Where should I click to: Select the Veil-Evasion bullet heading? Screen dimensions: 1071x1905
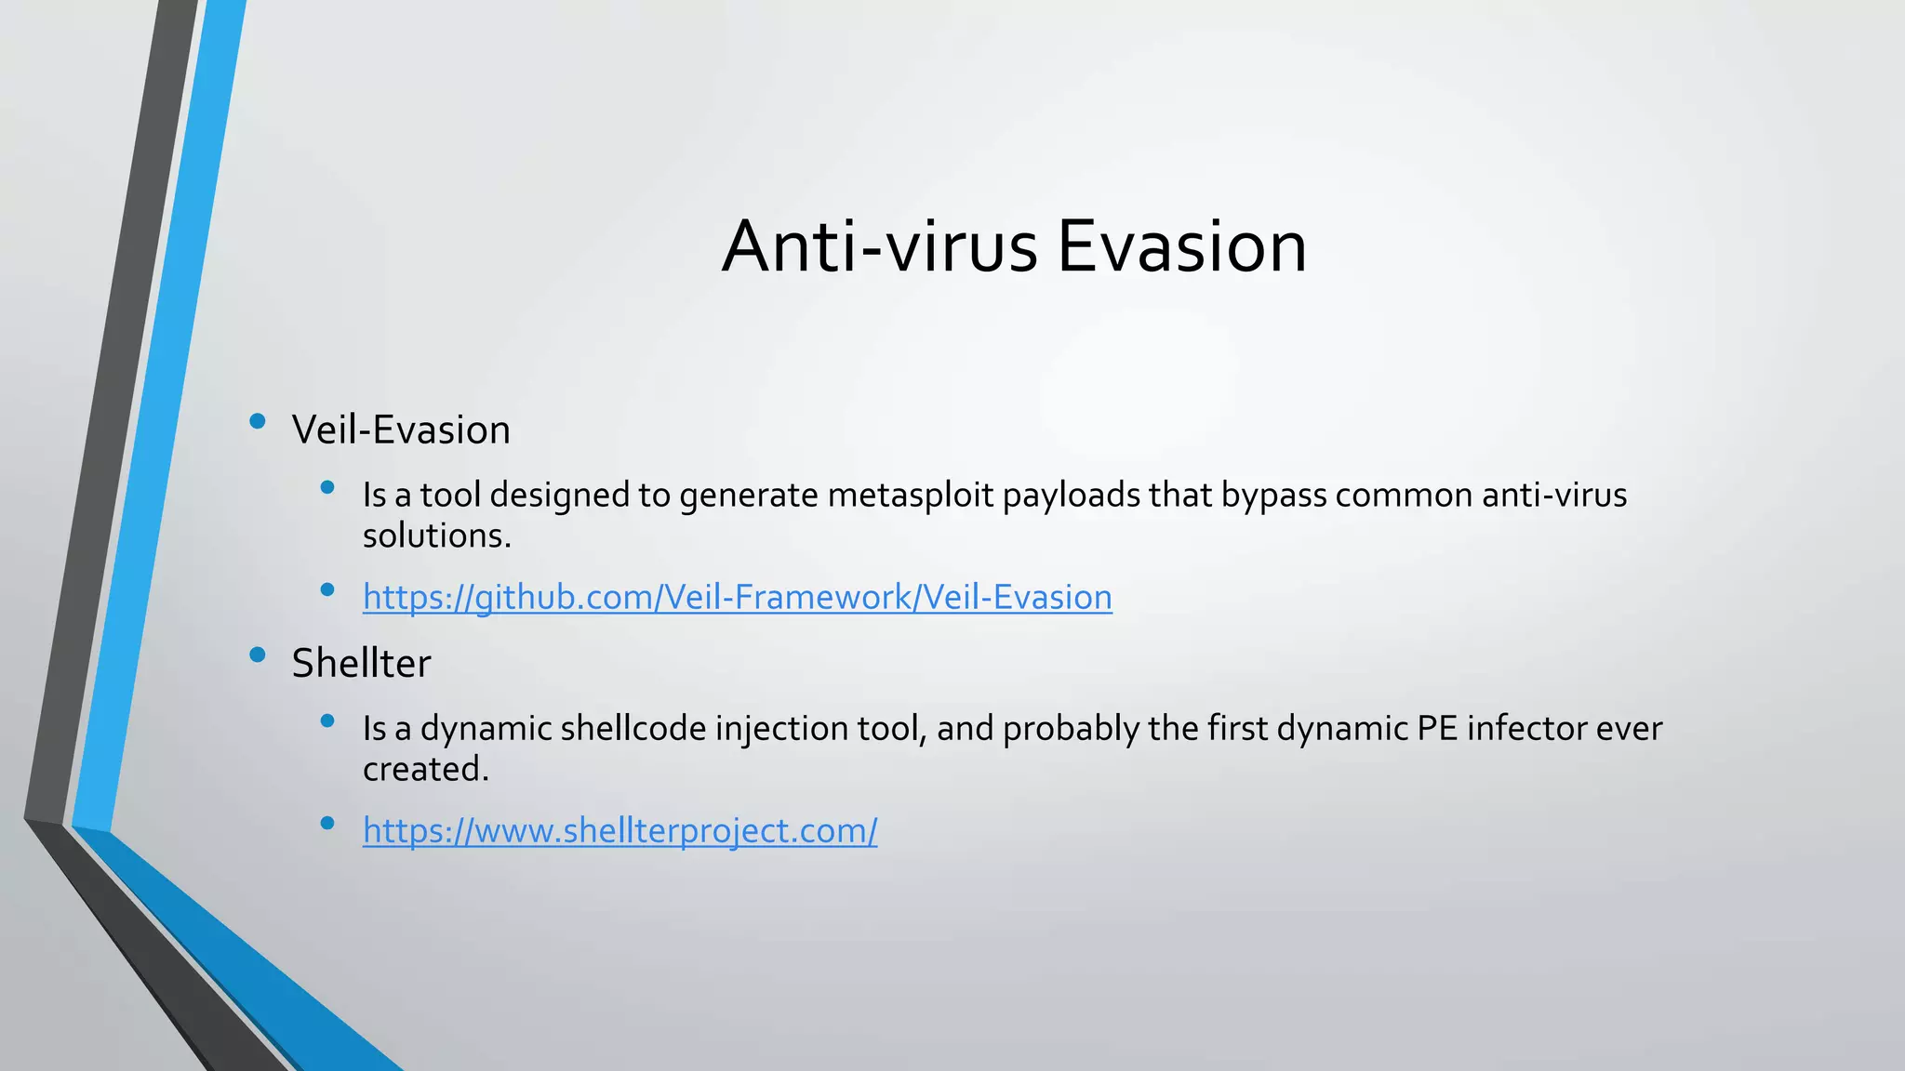click(x=401, y=430)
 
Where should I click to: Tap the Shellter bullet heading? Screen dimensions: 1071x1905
click(x=361, y=664)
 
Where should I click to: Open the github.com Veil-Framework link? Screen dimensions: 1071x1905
click(x=737, y=597)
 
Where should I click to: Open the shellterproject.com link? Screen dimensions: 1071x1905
click(x=619, y=830)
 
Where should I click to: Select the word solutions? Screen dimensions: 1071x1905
click(x=435, y=536)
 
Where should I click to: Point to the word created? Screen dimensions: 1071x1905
click(x=424, y=770)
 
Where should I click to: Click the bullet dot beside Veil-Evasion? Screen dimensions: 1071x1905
click(x=258, y=422)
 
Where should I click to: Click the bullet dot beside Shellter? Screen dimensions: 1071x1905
click(x=258, y=655)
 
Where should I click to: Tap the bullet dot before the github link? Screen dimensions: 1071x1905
click(x=326, y=589)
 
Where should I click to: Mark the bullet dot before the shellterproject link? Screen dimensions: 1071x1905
click(x=326, y=823)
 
